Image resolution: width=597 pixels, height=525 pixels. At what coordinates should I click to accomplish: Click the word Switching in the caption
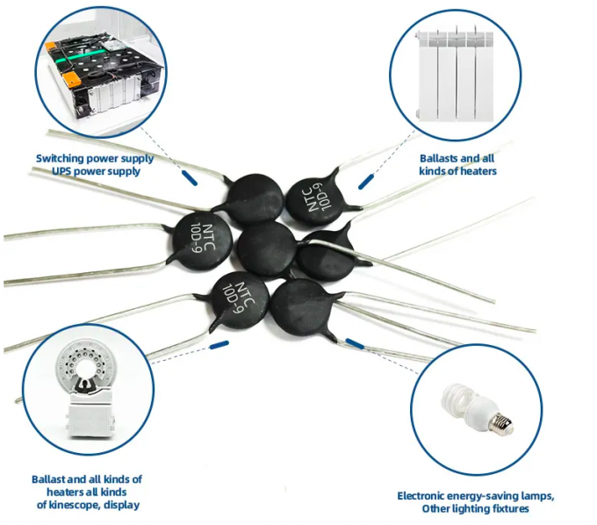pyautogui.click(x=61, y=158)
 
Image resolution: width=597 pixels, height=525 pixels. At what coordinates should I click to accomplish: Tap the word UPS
pyautogui.click(x=61, y=171)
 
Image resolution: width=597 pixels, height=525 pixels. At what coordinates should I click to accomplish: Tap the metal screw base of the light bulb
pyautogui.click(x=500, y=423)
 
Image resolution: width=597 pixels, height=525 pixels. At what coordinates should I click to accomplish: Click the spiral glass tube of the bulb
pyautogui.click(x=457, y=399)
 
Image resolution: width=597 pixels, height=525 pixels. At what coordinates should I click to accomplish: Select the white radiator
pyautogui.click(x=455, y=75)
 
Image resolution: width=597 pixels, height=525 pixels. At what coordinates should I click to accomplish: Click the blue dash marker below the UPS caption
pyautogui.click(x=190, y=178)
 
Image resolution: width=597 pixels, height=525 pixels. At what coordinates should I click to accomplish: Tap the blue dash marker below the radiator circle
pyautogui.click(x=366, y=181)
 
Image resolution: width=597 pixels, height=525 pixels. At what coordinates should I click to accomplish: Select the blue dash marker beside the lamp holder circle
pyautogui.click(x=219, y=345)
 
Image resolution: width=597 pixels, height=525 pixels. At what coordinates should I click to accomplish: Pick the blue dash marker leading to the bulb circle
pyautogui.click(x=355, y=344)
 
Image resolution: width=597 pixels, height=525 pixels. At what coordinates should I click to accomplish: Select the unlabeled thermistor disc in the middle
pyautogui.click(x=266, y=249)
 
